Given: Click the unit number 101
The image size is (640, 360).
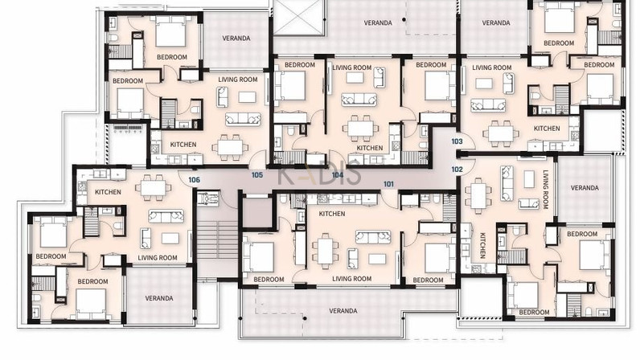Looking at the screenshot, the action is tap(388, 184).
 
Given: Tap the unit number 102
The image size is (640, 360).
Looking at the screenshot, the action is tap(457, 169).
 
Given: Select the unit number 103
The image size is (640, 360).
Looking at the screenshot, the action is tap(457, 141).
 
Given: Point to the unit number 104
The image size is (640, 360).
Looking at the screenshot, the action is tap(338, 175).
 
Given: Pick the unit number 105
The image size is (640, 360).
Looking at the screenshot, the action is tap(257, 175).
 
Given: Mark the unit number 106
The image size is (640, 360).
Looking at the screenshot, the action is tap(195, 179).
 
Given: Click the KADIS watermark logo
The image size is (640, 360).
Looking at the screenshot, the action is tap(319, 174).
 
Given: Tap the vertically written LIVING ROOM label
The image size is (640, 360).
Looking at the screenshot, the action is tap(545, 190).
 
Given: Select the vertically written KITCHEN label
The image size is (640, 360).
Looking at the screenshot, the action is tap(482, 245).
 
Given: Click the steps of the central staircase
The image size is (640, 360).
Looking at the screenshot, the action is tap(217, 240).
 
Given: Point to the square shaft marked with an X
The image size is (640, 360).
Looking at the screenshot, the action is tap(299, 17).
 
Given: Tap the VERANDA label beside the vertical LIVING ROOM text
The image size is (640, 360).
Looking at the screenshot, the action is tap(585, 188).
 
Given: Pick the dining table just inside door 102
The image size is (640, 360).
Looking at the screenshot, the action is tap(478, 196).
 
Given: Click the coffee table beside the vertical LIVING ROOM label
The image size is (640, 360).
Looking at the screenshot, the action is tap(529, 178).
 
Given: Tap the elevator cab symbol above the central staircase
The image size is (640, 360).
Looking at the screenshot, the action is tap(208, 198).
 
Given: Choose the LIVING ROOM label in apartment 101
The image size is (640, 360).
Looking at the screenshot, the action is tap(352, 279).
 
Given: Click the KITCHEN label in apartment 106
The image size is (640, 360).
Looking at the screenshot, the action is tap(109, 192).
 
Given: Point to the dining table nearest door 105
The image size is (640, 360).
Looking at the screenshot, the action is tap(230, 147).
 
